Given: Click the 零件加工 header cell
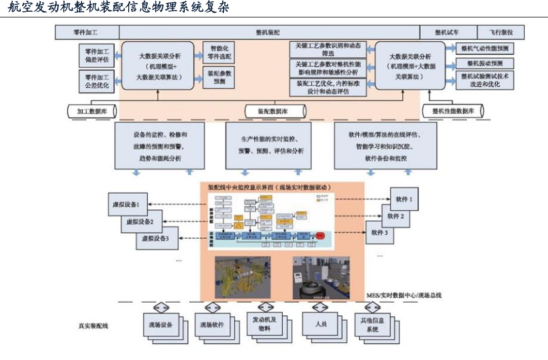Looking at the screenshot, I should pos(87,32).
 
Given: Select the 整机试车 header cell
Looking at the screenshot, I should pos(448,32).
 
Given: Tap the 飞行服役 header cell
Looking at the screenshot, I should pos(501,32).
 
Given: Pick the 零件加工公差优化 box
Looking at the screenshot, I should pos(97,82).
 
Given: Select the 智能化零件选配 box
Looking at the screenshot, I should pos(219,53).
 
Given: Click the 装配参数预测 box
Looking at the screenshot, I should pos(219,77).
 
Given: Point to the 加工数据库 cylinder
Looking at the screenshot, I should pos(91,110).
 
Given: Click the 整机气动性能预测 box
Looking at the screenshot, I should pos(485,49).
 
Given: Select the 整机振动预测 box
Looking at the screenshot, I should pos(485,64).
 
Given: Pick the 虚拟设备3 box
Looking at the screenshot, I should pos(156,237).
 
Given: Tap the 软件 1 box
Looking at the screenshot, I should pos(404,200).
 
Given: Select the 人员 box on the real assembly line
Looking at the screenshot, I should pos(321,323).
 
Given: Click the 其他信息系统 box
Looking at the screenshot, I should pos(372,325).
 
